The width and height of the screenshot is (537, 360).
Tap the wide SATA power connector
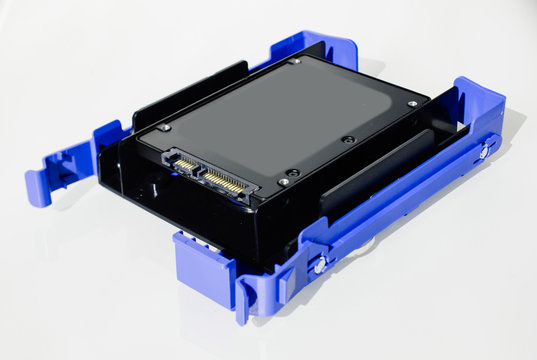pyautogui.click(x=231, y=183)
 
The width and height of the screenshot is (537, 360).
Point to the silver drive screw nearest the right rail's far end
pyautogui.click(x=412, y=103)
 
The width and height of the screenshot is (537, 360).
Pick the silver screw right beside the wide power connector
pyautogui.click(x=283, y=182)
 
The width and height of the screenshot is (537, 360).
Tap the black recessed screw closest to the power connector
pyautogui.click(x=291, y=171)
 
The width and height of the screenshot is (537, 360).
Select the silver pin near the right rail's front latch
pyautogui.click(x=321, y=265)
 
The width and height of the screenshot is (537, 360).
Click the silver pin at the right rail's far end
pyautogui.click(x=484, y=152)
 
